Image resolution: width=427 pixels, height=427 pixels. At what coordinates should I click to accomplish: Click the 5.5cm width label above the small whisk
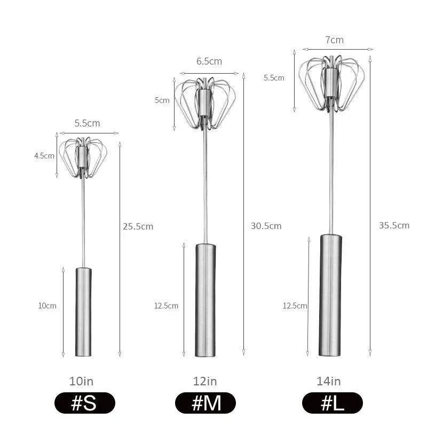pos(87,123)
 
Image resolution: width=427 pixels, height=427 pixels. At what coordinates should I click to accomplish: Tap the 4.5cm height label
pos(44,156)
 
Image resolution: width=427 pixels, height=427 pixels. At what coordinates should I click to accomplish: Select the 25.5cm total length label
pos(138,226)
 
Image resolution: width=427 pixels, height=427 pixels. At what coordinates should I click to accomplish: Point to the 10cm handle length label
pos(47,306)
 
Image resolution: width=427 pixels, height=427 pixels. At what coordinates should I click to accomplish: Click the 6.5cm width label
pos(209,61)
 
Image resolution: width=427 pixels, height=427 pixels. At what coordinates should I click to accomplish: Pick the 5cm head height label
pos(162,100)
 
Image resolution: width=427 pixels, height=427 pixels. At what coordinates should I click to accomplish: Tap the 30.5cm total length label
pos(266,226)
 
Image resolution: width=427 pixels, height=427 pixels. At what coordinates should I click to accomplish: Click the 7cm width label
pos(334,40)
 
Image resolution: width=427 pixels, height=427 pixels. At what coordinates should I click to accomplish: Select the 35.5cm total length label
pos(394,225)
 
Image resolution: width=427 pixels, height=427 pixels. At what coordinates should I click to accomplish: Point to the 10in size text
pos(81,381)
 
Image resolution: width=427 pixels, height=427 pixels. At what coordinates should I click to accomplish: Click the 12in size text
pos(205,381)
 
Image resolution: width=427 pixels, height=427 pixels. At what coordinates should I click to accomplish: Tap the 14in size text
pos(328,381)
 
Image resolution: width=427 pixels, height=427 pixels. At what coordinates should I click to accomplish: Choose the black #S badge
pos(84,403)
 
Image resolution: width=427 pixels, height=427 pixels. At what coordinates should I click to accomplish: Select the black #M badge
pos(205,403)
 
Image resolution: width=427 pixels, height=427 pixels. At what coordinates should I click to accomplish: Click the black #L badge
pos(332,403)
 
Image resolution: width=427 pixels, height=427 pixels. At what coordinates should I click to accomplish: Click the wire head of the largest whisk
pos(331,83)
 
